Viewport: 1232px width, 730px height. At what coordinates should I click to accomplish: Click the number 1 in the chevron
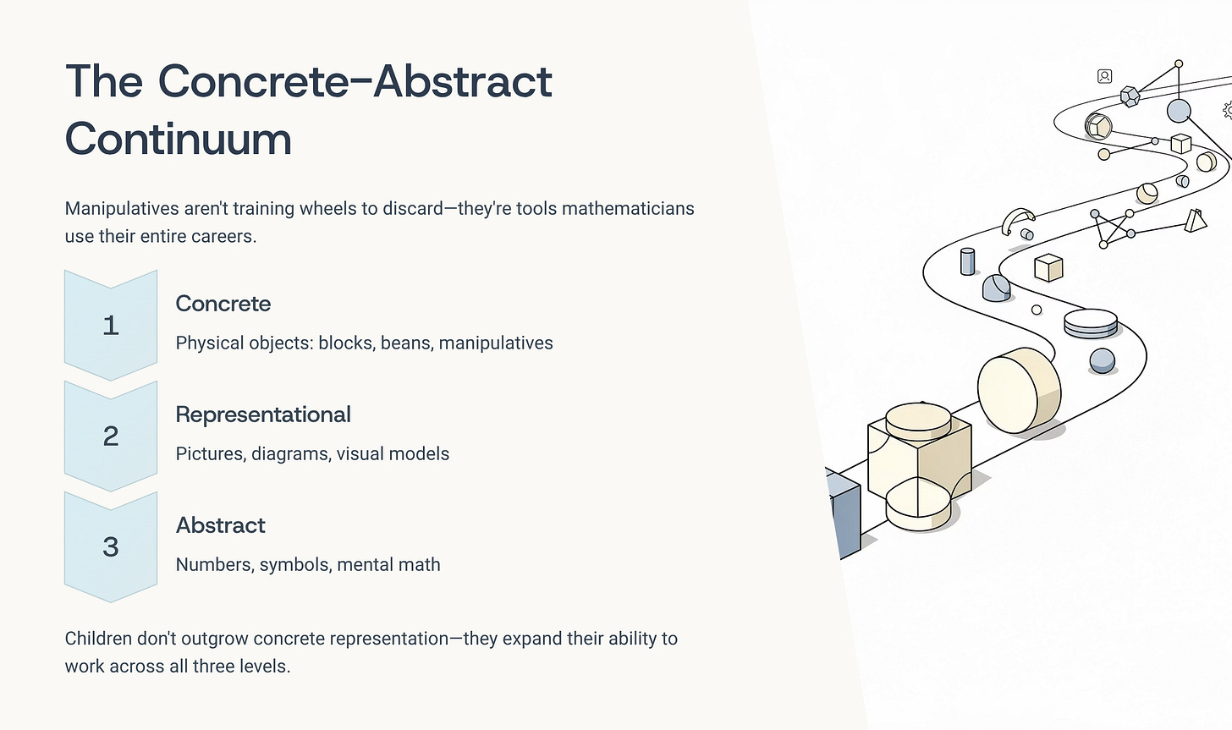110,326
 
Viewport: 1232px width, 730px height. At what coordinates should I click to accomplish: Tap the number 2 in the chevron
110,436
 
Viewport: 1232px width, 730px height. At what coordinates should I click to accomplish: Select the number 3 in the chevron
110,547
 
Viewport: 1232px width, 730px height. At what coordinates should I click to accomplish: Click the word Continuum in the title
178,140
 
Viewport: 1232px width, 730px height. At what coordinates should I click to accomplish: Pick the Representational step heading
263,414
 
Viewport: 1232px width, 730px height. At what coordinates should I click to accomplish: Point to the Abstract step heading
220,525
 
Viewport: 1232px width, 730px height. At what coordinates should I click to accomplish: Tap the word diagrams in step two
290,454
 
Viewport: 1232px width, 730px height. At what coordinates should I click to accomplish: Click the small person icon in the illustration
1104,76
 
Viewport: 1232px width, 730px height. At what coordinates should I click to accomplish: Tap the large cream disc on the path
1018,389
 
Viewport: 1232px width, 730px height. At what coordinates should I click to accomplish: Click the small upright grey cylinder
968,261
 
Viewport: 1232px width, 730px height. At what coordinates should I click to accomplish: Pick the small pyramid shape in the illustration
1195,221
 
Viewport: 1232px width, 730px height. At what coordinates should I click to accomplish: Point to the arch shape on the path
1017,222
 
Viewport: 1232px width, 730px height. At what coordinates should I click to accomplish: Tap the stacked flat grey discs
1090,323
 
